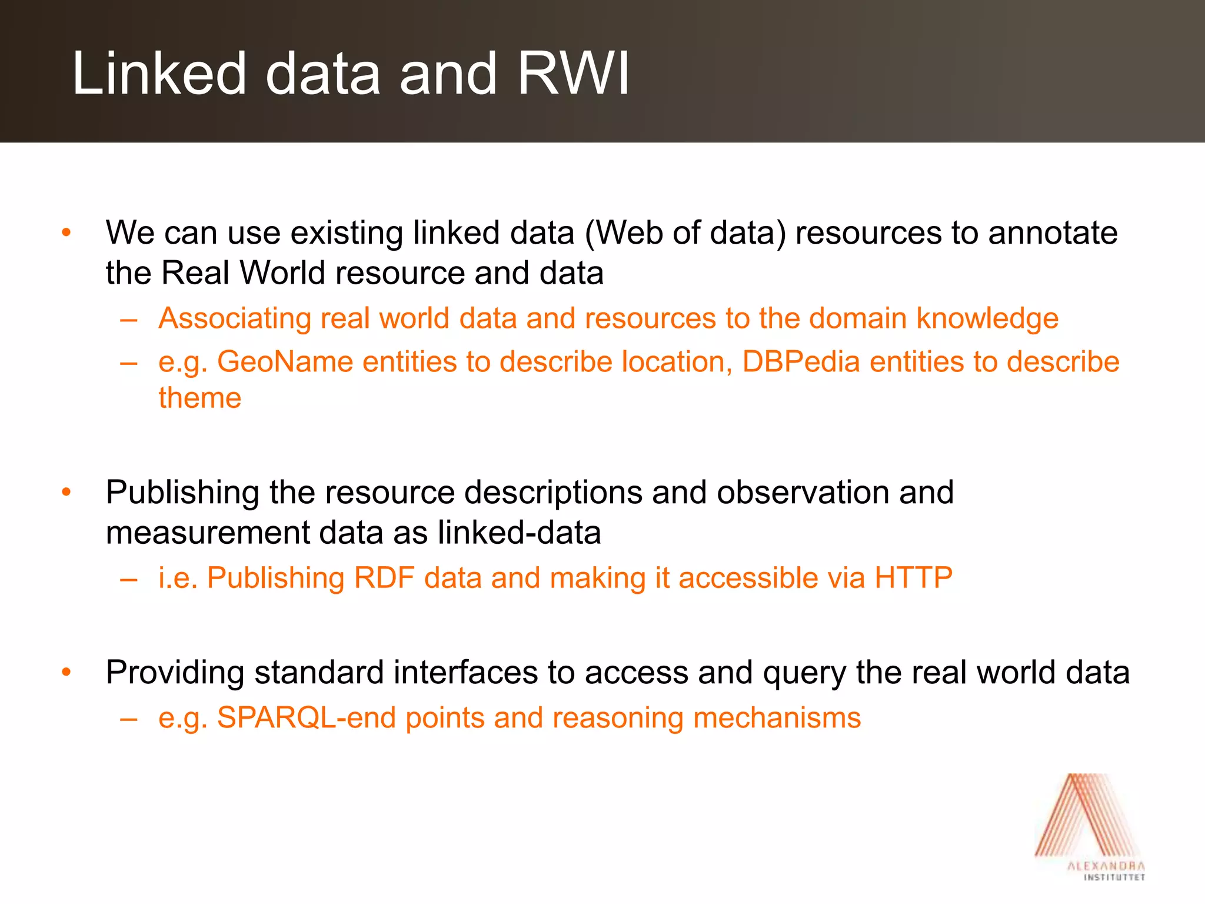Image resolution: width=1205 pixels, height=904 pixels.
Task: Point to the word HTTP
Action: pos(913,577)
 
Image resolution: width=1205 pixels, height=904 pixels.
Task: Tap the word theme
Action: pos(200,398)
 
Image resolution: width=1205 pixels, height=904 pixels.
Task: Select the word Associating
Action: pos(235,318)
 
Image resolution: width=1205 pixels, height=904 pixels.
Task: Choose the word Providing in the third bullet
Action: pos(175,672)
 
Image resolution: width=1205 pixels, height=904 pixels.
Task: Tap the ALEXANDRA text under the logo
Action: pos(1106,866)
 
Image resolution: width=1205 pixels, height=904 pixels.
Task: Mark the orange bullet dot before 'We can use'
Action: pos(66,232)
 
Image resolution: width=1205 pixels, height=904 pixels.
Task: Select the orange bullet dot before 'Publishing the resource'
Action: pos(66,492)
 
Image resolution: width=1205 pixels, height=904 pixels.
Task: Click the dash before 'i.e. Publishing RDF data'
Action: pos(128,579)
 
